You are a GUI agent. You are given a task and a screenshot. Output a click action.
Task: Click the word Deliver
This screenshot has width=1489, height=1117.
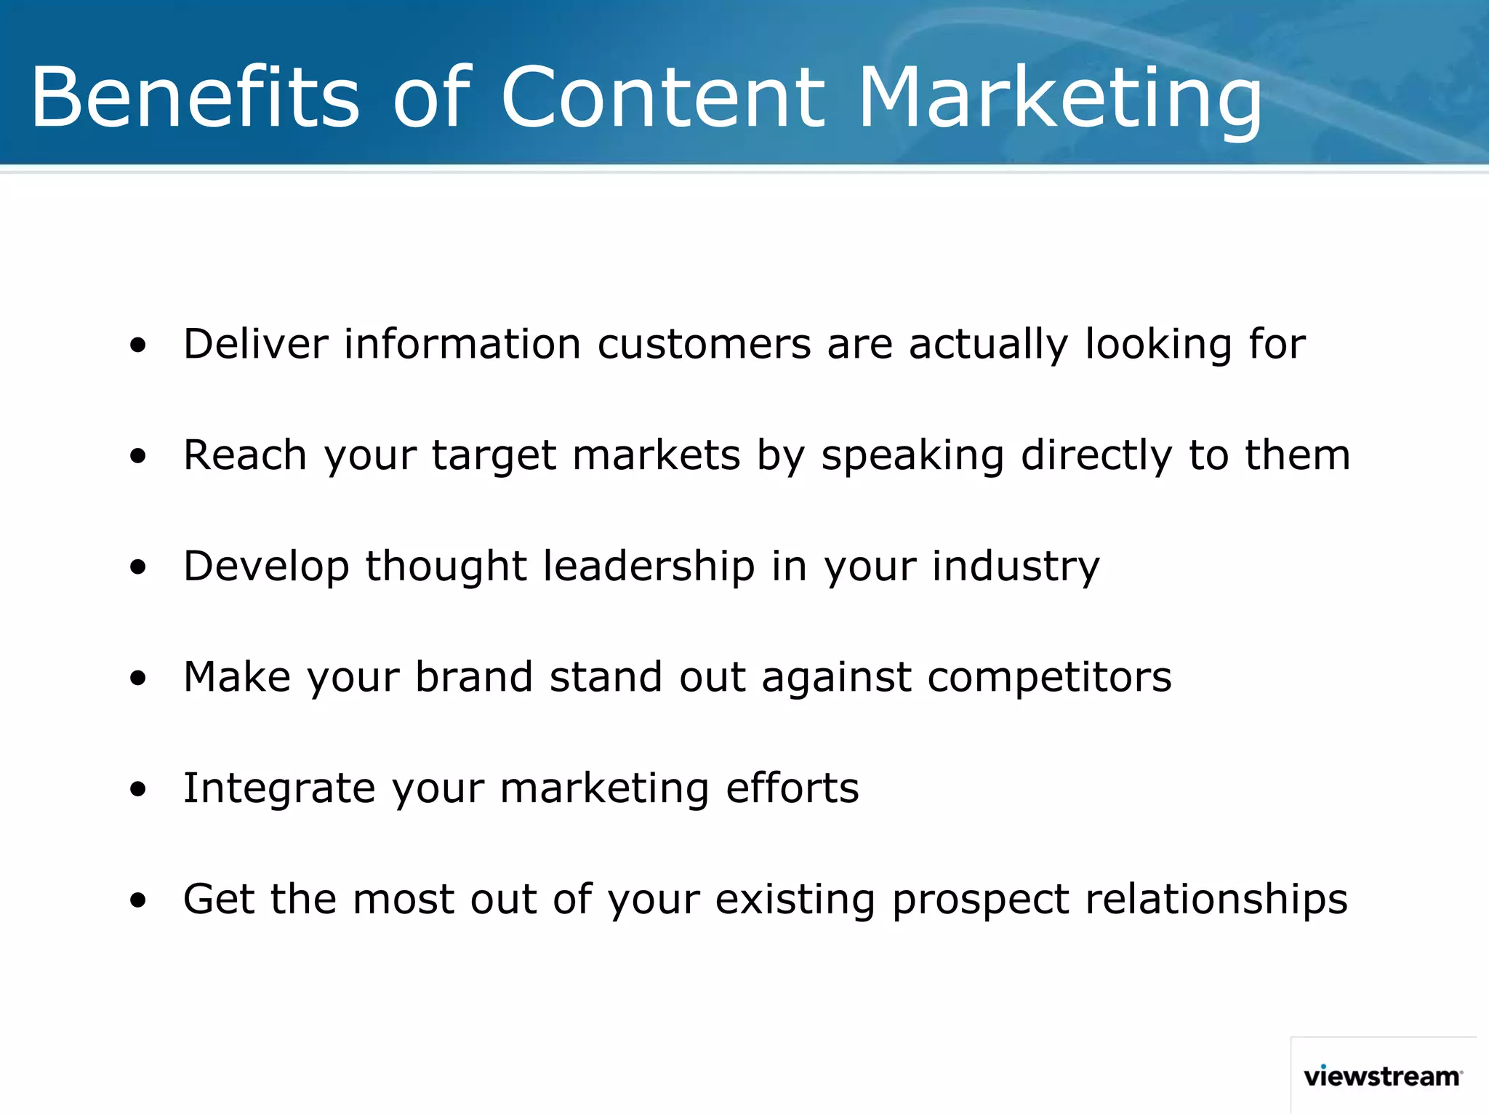(x=255, y=343)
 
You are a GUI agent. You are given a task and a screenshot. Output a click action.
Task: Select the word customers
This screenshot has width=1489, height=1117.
(x=704, y=343)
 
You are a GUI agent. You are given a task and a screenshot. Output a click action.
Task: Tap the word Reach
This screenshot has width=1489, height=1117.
(x=245, y=455)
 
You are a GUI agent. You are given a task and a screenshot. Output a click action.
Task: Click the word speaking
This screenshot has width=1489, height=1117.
(x=912, y=457)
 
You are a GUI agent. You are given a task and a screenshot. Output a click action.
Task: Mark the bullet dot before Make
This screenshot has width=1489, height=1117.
(x=138, y=678)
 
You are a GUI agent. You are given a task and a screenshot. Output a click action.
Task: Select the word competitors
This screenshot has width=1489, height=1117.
(x=1049, y=678)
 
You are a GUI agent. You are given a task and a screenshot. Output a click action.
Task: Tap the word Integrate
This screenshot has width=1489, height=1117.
(x=279, y=788)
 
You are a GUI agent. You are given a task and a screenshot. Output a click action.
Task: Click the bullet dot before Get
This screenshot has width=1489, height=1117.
(x=138, y=901)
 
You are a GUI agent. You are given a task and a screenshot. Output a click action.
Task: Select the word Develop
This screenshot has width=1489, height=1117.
(x=265, y=567)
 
